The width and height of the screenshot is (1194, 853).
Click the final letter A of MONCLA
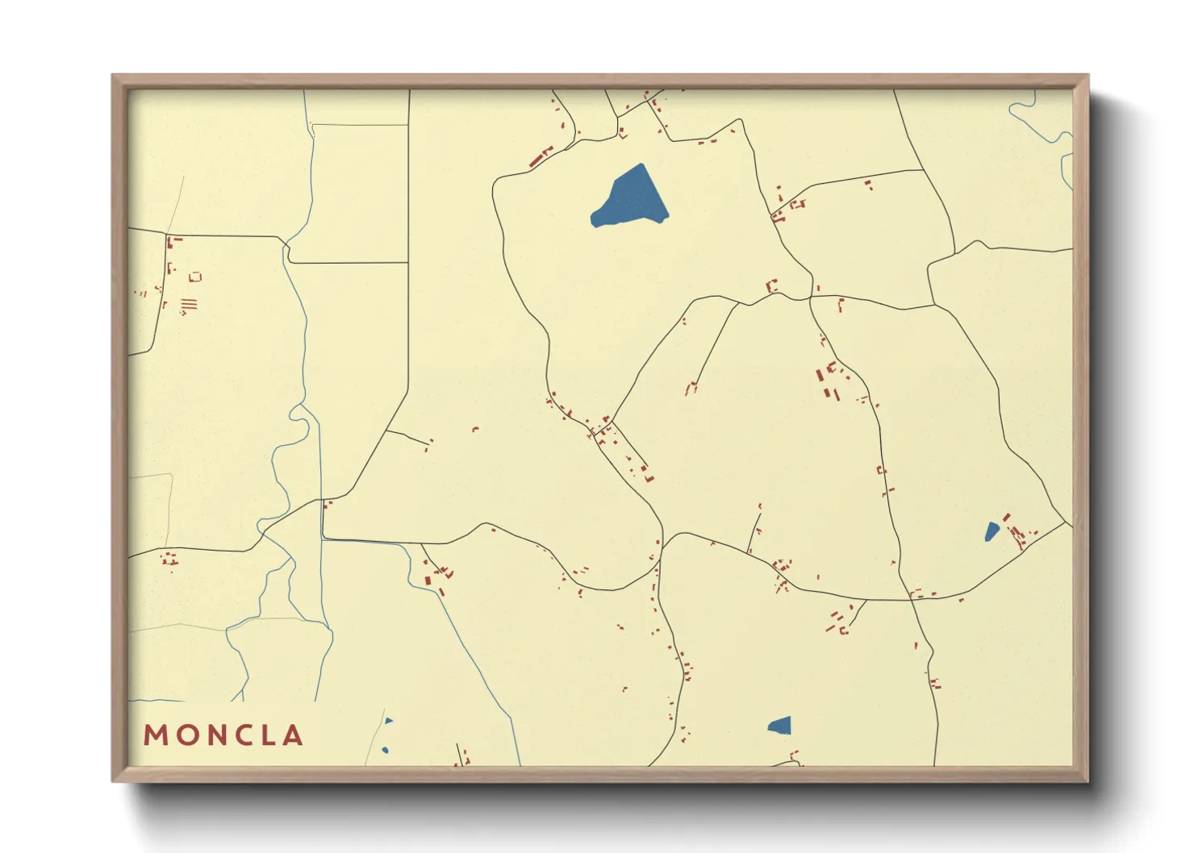pyautogui.click(x=294, y=735)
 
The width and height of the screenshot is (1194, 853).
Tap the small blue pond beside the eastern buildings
pyautogui.click(x=992, y=532)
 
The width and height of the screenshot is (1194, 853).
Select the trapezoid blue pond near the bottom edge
pyautogui.click(x=780, y=726)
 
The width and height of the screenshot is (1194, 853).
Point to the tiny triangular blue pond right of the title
pyautogui.click(x=389, y=721)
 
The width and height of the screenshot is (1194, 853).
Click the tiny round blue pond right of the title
pyautogui.click(x=385, y=751)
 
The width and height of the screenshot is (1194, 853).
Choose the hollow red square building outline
pyautogui.click(x=194, y=277)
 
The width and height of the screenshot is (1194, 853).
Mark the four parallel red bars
pyautogui.click(x=189, y=305)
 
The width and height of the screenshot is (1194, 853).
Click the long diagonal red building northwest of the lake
pyautogui.click(x=541, y=157)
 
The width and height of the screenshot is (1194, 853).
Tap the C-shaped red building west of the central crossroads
pyautogui.click(x=771, y=285)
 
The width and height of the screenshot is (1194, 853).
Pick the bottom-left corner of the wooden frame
pyautogui.click(x=113, y=781)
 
